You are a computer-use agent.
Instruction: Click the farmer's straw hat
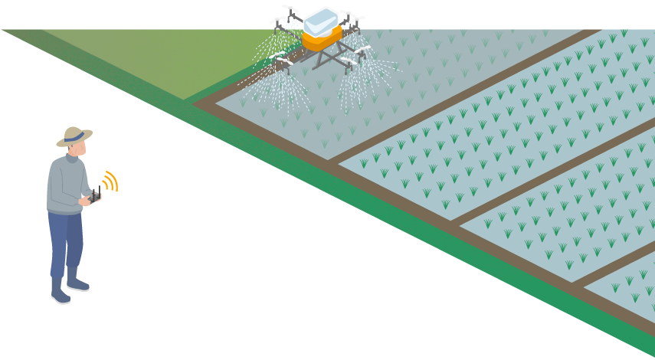coord(74,136)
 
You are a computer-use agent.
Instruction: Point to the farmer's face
coord(75,149)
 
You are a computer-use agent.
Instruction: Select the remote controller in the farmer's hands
coord(94,198)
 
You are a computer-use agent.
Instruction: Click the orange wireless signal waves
coord(110,182)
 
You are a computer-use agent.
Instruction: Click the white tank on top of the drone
coord(321,21)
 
